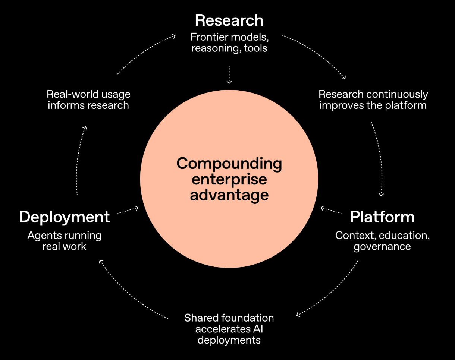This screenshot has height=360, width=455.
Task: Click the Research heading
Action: coord(229,20)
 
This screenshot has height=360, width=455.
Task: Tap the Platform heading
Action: coord(382,217)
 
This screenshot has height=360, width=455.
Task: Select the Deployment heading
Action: coord(65,217)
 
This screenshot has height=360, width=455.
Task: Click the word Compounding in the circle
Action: coord(229,163)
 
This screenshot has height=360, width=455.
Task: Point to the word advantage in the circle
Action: coord(229,195)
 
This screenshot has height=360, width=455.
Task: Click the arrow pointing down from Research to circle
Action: coord(229,75)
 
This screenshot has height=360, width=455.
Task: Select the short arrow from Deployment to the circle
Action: coord(128,211)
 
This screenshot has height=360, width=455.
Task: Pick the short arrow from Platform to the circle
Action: coord(331,211)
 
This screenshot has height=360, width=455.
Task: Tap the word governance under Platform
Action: coord(382,247)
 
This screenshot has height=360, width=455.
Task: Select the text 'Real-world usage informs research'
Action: coord(88,100)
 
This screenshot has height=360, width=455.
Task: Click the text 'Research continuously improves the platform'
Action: coord(373,100)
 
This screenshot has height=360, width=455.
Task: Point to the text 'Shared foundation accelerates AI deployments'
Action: coord(229,329)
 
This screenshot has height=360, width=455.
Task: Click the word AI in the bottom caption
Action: coord(256,329)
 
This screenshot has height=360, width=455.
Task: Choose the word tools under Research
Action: coord(255,48)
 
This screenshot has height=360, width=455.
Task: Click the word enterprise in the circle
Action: coord(229,179)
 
